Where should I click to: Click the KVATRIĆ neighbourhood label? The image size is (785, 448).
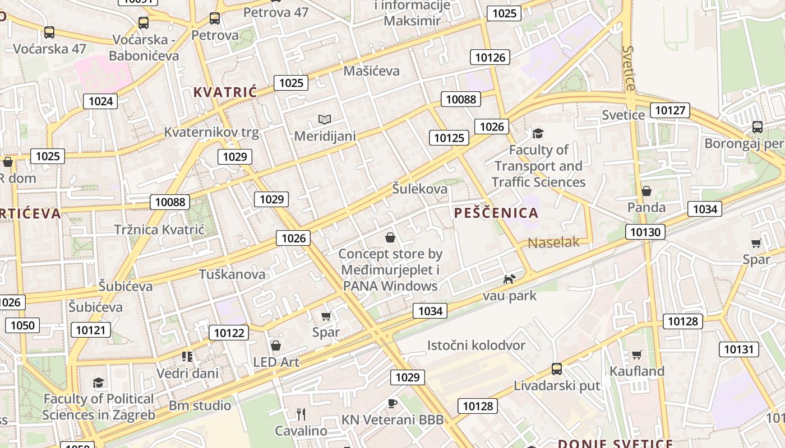coord(225,92)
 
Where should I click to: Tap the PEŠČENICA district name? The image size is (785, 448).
coord(496,213)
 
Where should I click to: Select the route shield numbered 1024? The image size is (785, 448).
coord(100,101)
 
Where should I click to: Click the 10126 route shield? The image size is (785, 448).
coord(490,57)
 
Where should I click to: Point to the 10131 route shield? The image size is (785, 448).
coord(738,349)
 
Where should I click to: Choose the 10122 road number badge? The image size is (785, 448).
coord(229,333)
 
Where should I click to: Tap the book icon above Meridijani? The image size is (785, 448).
coord(325,119)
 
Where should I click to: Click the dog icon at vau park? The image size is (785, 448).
coord(509,279)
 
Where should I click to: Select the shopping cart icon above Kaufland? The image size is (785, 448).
coord(636,354)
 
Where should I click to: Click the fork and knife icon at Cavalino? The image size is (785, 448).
coord(301,414)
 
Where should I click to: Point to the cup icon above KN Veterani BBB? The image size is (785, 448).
coord(392,403)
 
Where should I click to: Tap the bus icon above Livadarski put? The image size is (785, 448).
coord(557,369)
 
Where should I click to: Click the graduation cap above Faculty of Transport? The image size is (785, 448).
coord(538,133)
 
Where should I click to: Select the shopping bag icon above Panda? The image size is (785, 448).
coord(647,191)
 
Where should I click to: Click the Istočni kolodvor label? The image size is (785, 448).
coord(476,345)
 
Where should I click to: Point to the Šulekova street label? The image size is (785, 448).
coord(420,189)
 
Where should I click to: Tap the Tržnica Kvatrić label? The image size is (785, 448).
coord(159,230)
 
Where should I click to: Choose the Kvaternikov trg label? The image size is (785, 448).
coord(211,132)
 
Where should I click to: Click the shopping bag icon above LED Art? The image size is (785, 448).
coord(275,346)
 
